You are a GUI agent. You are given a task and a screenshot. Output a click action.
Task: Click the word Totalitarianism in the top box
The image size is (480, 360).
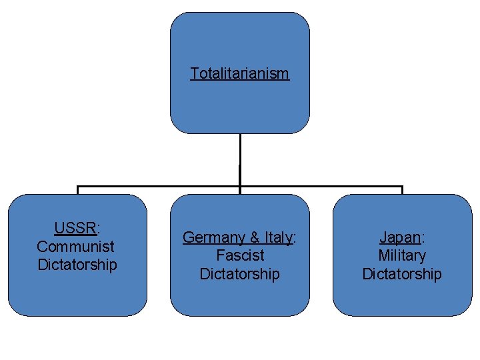coord(239,73)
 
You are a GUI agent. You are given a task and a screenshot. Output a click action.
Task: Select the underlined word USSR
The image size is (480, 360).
coord(75,228)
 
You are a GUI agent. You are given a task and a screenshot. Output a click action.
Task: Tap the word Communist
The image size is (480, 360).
coord(75,246)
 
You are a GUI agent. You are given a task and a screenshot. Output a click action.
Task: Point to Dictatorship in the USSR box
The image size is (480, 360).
coord(77,265)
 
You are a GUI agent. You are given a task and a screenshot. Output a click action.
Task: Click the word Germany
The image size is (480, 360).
coord(214,237)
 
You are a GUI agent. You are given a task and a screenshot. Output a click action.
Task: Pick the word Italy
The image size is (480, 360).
coord(278,237)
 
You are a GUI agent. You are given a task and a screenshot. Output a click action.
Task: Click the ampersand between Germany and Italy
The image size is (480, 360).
coord(255,237)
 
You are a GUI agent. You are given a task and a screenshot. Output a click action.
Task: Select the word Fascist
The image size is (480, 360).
coord(240,255)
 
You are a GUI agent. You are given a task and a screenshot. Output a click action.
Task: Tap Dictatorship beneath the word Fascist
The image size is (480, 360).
coord(240,274)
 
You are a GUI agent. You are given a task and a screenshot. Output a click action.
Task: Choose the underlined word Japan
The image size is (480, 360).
coord(400,237)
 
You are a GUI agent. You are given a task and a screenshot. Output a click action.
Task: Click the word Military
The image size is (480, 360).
coord(402,255)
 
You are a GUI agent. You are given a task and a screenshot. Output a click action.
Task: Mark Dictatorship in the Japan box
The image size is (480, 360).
coord(402,274)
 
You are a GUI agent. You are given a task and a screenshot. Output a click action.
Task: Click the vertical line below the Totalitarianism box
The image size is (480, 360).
coord(240,160)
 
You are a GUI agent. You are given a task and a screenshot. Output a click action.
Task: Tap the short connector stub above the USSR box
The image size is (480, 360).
coord(78,191)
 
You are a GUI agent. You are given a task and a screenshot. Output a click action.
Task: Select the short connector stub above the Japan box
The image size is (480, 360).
coord(402,191)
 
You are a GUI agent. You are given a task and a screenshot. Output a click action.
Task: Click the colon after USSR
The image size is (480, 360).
coord(99,229)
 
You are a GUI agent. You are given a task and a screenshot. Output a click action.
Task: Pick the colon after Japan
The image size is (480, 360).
coord(423,238)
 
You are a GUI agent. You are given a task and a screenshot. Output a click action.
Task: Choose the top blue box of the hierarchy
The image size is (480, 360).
coord(240,40)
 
